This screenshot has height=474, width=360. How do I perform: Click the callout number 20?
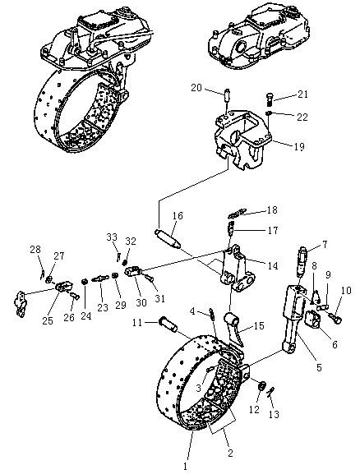196,88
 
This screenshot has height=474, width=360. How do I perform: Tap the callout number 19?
298,147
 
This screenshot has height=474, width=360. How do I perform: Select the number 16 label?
178,216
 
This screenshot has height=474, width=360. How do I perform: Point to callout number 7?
325,245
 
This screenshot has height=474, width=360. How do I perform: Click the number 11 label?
137,323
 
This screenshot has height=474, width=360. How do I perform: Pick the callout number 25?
48,320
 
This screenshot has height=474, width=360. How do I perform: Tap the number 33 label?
112,237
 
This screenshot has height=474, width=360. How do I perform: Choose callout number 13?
274,414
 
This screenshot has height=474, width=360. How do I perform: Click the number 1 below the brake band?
185,467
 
